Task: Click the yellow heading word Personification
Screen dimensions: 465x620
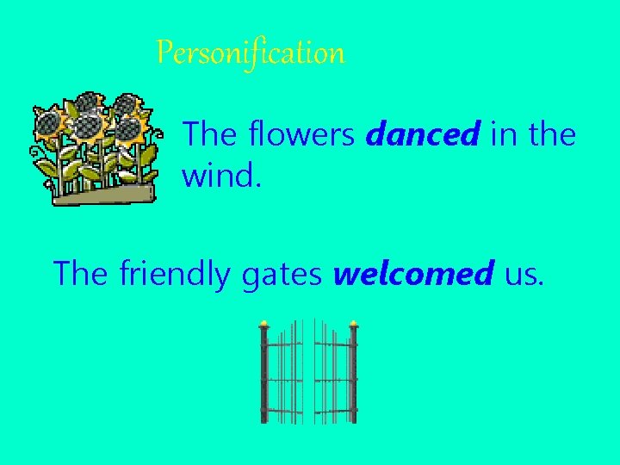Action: point(251,53)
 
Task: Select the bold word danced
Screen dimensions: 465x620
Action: point(423,134)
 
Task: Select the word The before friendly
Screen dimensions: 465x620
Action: point(82,274)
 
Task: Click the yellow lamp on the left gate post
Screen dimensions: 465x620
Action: point(263,324)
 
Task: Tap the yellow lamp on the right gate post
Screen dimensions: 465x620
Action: point(353,324)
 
